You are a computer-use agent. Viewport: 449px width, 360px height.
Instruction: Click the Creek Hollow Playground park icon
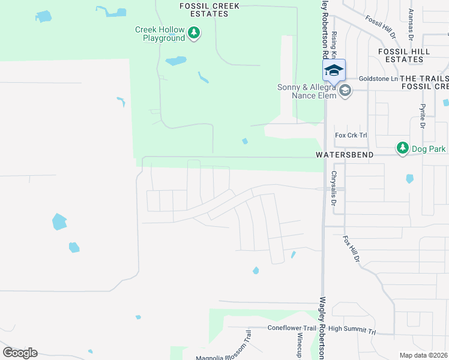tap(194, 32)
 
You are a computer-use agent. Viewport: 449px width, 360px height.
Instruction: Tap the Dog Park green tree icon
tap(402, 148)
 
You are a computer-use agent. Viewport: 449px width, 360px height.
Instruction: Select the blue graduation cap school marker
tap(334, 71)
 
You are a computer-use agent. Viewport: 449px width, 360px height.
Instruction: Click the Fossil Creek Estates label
tap(209, 10)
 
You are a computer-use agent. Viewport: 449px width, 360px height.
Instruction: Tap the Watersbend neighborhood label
tap(345, 155)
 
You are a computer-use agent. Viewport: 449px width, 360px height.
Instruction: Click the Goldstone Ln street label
tap(378, 79)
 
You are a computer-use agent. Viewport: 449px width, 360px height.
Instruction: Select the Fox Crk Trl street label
tap(351, 136)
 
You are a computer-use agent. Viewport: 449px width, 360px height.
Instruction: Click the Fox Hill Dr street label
tap(351, 249)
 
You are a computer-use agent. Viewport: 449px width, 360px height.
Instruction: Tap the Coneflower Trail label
tap(292, 328)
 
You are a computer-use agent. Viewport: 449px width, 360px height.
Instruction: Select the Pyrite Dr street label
tap(423, 116)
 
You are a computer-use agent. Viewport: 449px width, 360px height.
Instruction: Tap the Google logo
tap(20, 353)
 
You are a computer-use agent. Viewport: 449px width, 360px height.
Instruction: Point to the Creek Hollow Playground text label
tap(160, 34)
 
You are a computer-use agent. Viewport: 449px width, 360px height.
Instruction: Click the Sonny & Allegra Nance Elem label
tap(305, 91)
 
